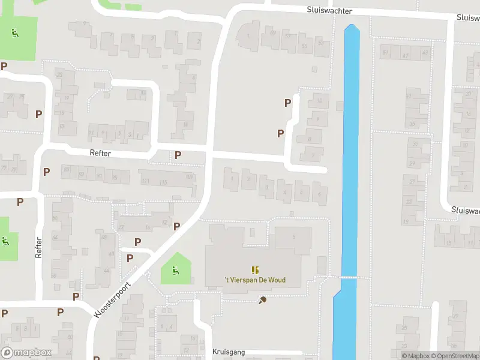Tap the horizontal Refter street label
(x=101, y=154)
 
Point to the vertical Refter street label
(x=39, y=248)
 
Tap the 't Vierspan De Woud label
(x=255, y=280)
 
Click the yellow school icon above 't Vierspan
(x=255, y=270)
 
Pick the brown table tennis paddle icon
(x=262, y=300)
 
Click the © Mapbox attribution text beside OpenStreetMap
(x=415, y=356)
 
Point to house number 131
(x=145, y=181)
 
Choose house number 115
(x=163, y=181)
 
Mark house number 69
(x=274, y=33)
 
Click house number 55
(x=304, y=46)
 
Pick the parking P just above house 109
(x=178, y=155)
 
